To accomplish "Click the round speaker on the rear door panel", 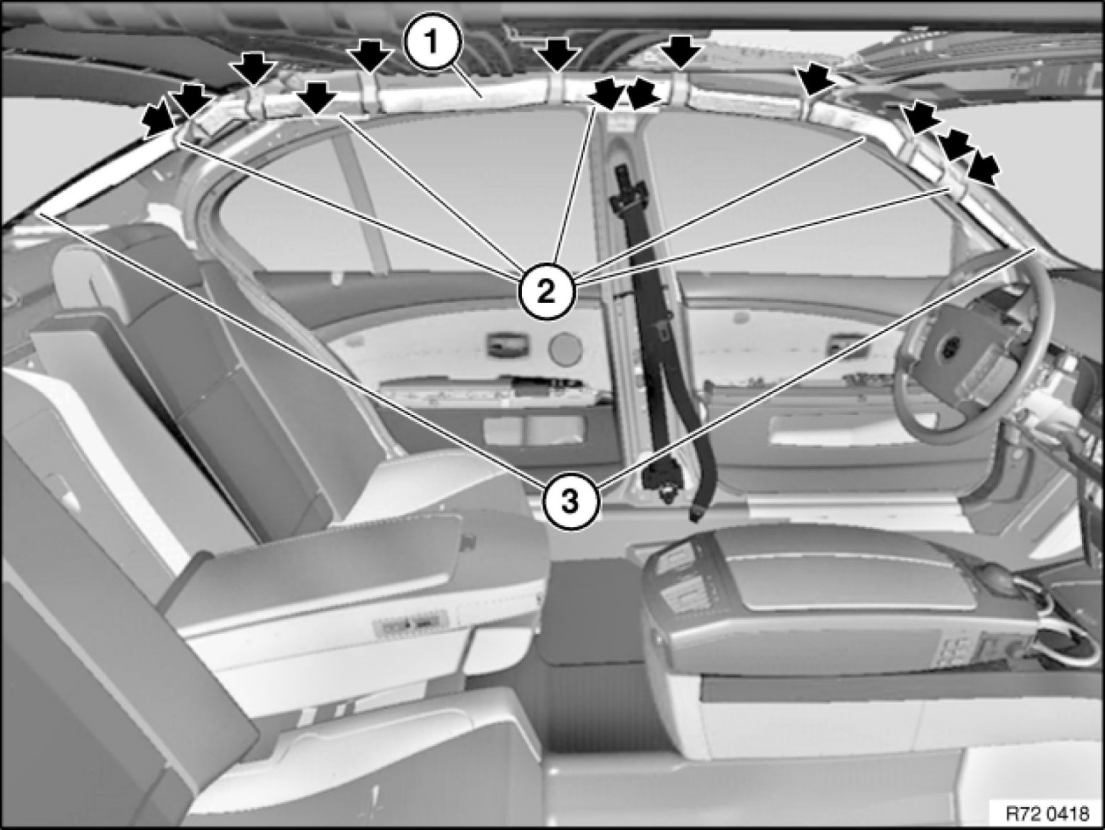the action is [565, 348].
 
